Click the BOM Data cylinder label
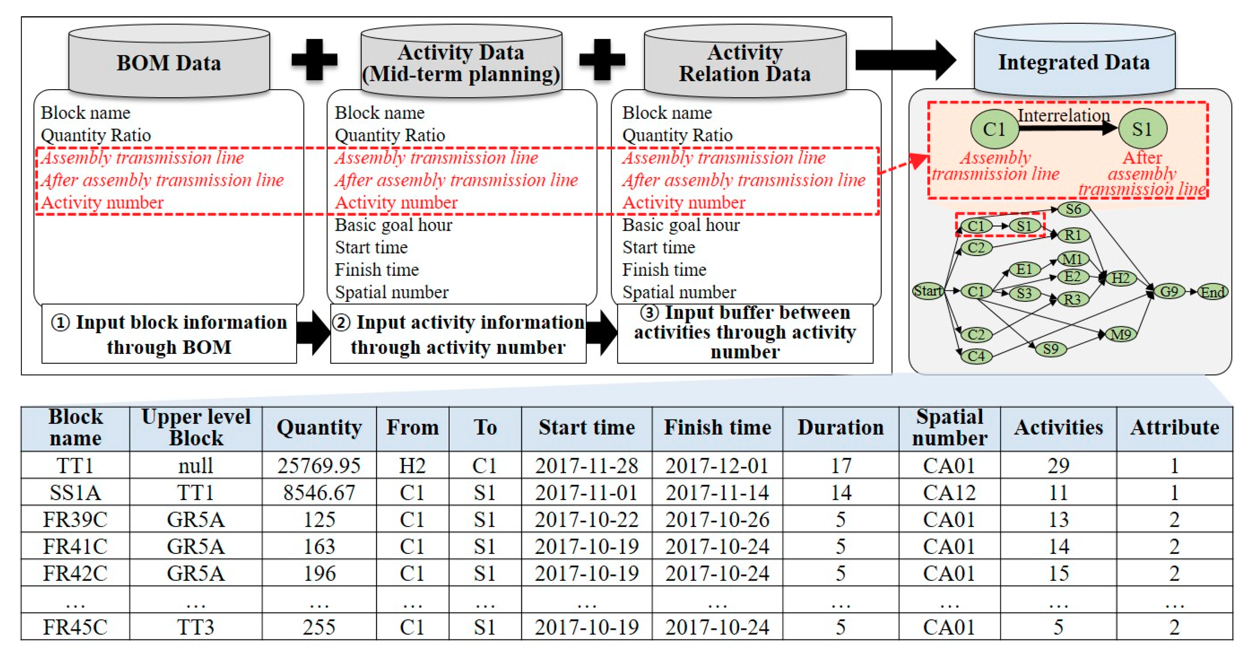click(x=169, y=63)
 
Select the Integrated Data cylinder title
click(x=1074, y=62)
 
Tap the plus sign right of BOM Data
click(x=314, y=59)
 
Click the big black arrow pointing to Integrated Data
click(x=905, y=60)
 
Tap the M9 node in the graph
click(x=1120, y=334)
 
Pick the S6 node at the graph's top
click(x=1073, y=209)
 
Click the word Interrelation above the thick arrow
click(x=1064, y=115)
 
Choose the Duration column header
click(x=841, y=428)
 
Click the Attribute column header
click(x=1174, y=428)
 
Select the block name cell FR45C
click(x=75, y=627)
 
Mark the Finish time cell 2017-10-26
click(x=717, y=519)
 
